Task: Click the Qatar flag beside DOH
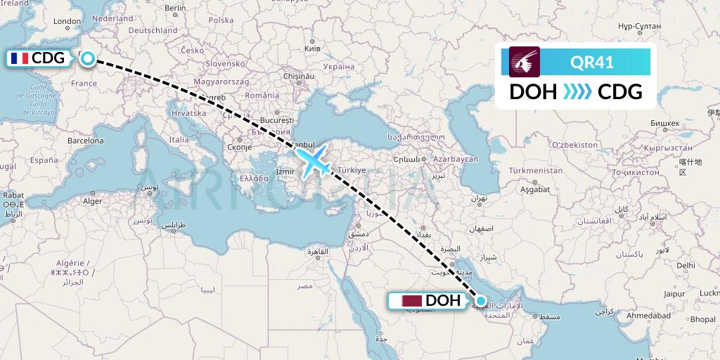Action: point(411,301)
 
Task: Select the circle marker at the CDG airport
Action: point(87,58)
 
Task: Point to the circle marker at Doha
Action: point(481,301)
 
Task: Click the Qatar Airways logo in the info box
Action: point(525,62)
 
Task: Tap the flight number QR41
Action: point(592,63)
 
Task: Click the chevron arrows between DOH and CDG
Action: point(578,92)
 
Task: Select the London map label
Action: point(67,22)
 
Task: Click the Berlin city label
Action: point(175,8)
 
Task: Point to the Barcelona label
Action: point(86,141)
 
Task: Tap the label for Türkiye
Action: point(354,171)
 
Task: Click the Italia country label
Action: point(179,140)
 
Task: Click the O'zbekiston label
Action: point(574,145)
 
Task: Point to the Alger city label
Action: point(93,201)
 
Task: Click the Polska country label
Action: point(221,20)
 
